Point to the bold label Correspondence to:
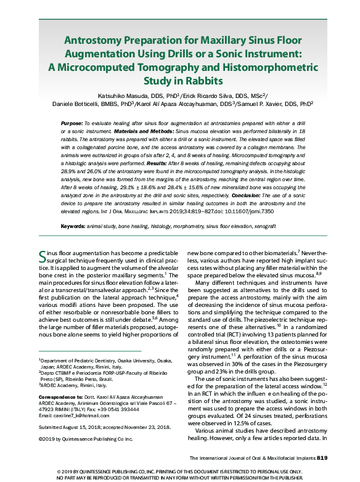(59, 397)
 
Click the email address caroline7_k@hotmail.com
(81, 416)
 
